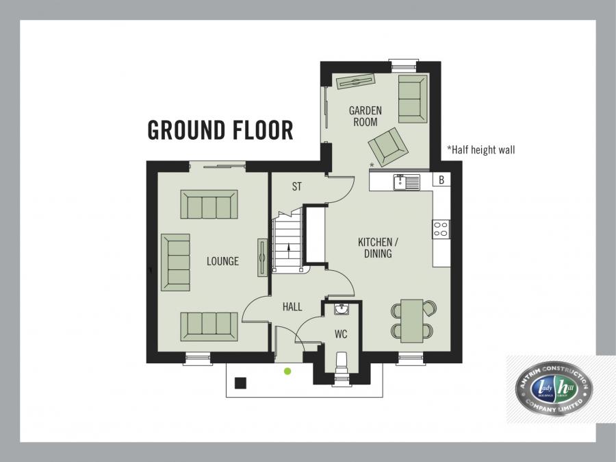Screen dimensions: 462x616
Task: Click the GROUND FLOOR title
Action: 220,130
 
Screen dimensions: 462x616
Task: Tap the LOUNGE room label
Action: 223,261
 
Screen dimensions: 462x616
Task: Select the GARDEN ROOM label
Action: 365,116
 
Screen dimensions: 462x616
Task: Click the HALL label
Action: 292,307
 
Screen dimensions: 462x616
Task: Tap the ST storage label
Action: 296,186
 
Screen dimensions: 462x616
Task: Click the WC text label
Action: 341,335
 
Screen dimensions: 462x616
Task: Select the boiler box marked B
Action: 442,180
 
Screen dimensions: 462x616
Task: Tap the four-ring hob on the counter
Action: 441,229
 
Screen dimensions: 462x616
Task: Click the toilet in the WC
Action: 342,361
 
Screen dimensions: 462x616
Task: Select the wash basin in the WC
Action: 342,310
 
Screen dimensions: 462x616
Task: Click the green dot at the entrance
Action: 287,371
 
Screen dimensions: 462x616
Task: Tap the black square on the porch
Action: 240,382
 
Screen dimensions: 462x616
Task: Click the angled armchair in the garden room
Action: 387,146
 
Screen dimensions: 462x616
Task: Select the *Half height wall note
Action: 480,149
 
